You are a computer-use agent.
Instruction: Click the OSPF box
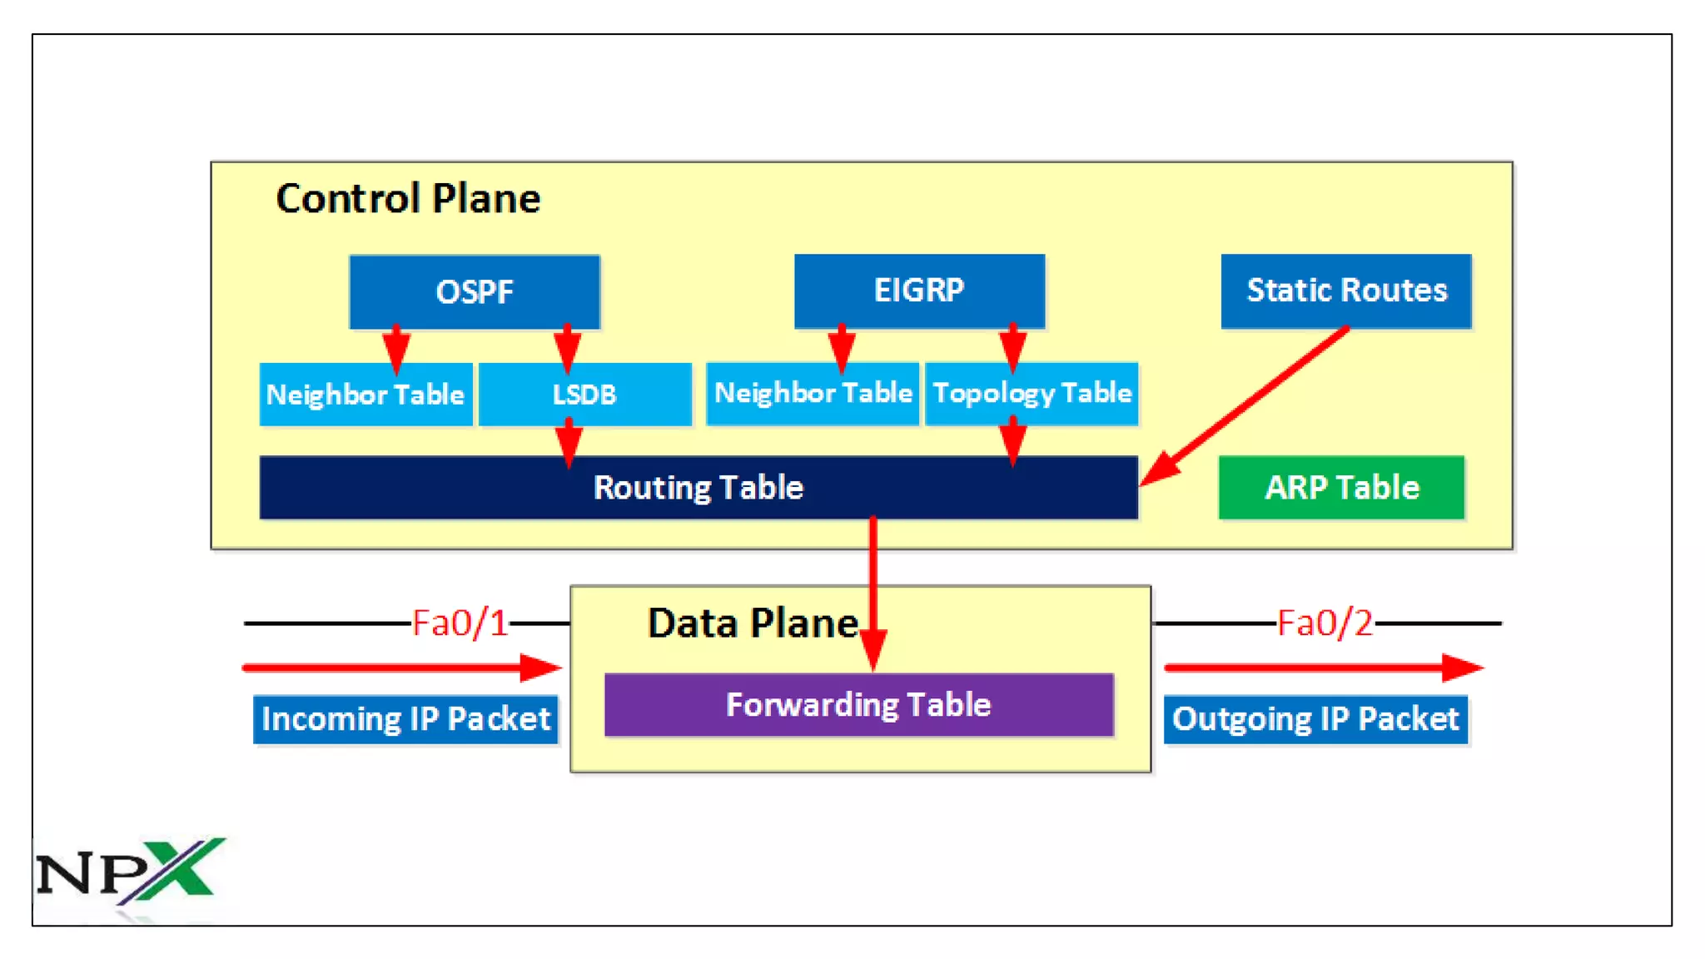point(475,291)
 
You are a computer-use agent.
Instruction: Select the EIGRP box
point(919,291)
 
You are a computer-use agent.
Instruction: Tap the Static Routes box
point(1346,291)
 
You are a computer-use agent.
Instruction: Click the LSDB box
point(584,394)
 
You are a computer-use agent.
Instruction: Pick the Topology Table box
point(1031,393)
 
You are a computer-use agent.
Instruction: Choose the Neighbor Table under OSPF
point(365,394)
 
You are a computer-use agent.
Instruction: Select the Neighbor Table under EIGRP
point(813,393)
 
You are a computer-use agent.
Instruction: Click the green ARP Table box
point(1341,487)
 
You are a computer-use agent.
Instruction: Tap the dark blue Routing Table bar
point(698,488)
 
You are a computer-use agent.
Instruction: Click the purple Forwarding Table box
point(858,705)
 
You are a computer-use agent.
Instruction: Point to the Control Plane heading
point(408,199)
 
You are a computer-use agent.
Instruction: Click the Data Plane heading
point(753,624)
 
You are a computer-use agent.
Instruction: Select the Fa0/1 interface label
point(460,624)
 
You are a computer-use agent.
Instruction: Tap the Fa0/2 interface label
point(1325,624)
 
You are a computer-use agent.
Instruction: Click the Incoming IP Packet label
point(405,718)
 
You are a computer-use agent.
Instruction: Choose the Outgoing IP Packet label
point(1315,718)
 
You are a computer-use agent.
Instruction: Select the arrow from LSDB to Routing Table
point(569,442)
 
